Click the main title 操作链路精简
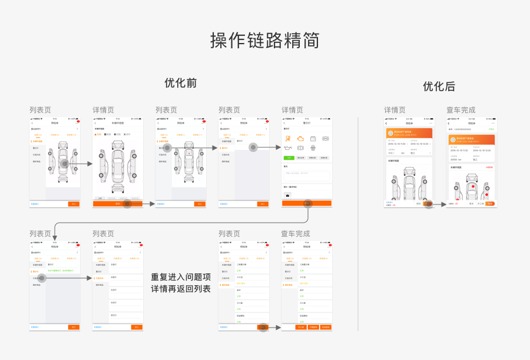coord(265,40)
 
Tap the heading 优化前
coord(180,83)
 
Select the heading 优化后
coord(439,87)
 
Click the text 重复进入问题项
coord(181,277)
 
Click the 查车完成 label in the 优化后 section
coord(461,110)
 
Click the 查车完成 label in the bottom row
coord(295,234)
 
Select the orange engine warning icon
coord(300,138)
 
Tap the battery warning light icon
coord(313,138)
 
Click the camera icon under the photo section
coord(288,194)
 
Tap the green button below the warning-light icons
coord(289,158)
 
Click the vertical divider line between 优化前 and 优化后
coord(358,224)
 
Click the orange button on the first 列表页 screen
coord(74,204)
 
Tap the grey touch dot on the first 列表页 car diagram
coord(64,163)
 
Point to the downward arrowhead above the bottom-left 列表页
coord(55,237)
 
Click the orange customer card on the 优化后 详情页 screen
coord(408,133)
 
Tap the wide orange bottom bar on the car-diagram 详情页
coord(118,204)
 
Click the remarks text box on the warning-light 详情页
coord(306,175)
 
